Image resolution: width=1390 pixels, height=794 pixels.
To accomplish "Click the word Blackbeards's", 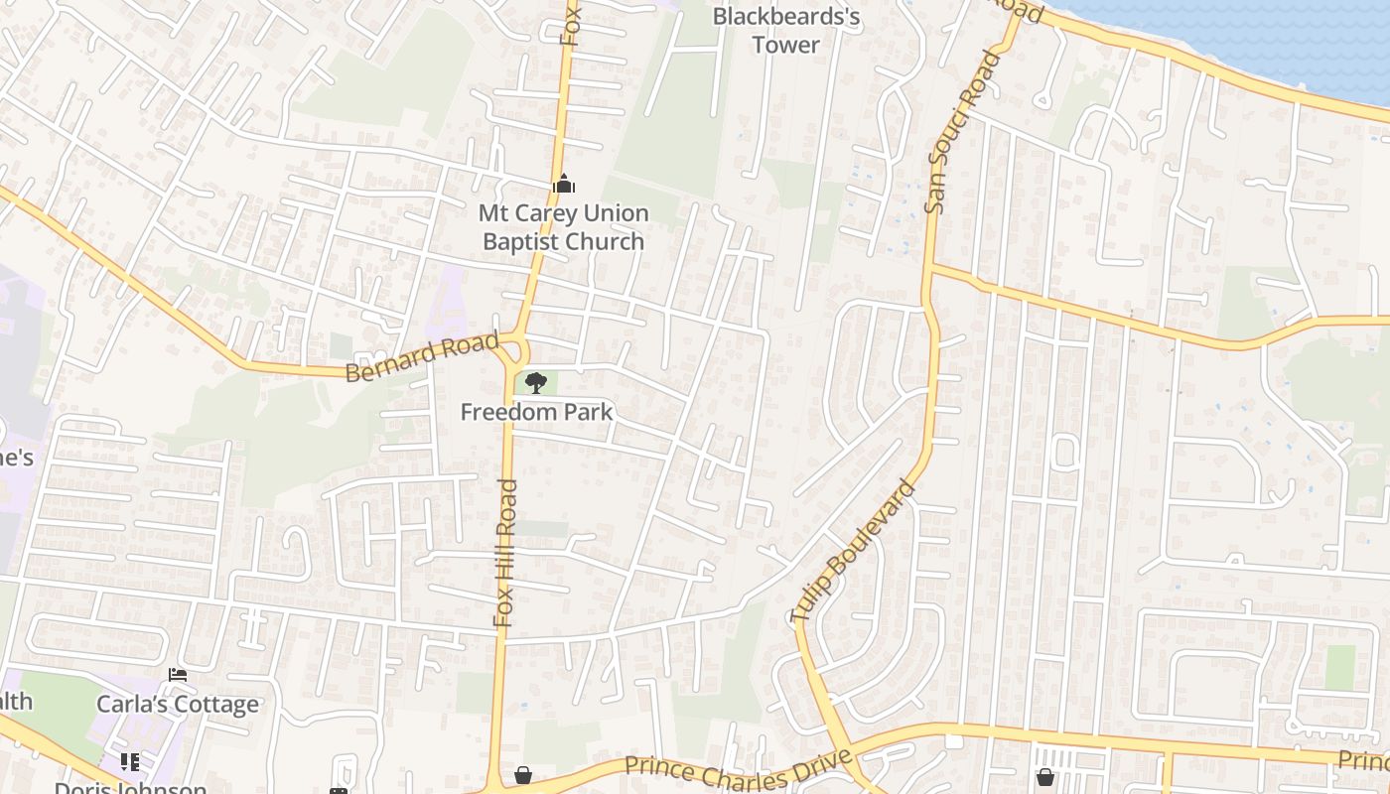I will [x=786, y=17].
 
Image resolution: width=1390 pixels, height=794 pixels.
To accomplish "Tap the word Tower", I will [x=786, y=45].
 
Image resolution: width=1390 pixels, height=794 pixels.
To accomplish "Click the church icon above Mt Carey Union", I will [x=563, y=184].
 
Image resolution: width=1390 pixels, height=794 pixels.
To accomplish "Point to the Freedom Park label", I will [x=536, y=411].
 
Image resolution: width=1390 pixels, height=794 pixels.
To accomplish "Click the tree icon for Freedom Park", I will [x=536, y=382].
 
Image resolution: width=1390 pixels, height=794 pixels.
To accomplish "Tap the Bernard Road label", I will [x=422, y=357].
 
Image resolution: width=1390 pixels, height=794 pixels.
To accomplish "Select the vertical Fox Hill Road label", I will [x=505, y=553].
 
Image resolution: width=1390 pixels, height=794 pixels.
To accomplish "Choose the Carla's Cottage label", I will [x=178, y=704].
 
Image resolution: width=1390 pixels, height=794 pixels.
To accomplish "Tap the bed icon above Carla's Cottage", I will [x=178, y=675].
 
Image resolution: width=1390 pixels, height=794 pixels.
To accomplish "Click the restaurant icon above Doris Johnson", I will [x=129, y=762].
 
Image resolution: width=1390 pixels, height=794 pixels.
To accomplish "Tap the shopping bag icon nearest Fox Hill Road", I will [x=523, y=775].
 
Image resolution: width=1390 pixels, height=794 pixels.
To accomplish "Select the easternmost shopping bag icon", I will [x=1044, y=776].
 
